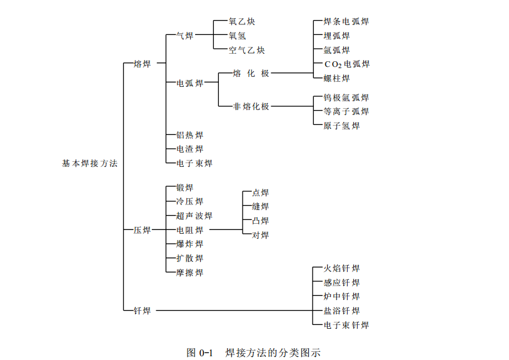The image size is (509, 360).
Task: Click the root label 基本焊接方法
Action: pyautogui.click(x=89, y=163)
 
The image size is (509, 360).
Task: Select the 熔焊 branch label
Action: pyautogui.click(x=143, y=63)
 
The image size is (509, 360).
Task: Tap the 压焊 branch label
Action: pyautogui.click(x=143, y=230)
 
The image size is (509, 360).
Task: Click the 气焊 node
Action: pyautogui.click(x=184, y=36)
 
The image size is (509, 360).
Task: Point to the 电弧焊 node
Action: pyautogui.click(x=189, y=83)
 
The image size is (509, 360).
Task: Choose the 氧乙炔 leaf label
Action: pyautogui.click(x=242, y=22)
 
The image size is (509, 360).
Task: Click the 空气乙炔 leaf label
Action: pyautogui.click(x=246, y=50)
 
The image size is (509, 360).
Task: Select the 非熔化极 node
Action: pyautogui.click(x=251, y=106)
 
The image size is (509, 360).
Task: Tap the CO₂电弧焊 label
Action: pyautogui.click(x=346, y=64)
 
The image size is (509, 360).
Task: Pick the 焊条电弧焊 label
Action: pyautogui.click(x=346, y=22)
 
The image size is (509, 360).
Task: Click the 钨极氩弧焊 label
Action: pyautogui.click(x=346, y=97)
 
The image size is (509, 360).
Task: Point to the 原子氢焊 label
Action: pyautogui.click(x=341, y=126)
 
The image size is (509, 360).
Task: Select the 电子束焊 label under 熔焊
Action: pyautogui.click(x=194, y=163)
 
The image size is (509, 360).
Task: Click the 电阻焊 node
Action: pyautogui.click(x=189, y=230)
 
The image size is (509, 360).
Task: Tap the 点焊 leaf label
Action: pyautogui.click(x=260, y=193)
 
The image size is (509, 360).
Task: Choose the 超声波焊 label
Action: pyautogui.click(x=194, y=216)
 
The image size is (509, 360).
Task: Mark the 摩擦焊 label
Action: pyautogui.click(x=189, y=272)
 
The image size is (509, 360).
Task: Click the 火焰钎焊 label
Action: pyautogui.click(x=341, y=269)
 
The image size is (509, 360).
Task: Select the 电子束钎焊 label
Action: pyautogui.click(x=346, y=325)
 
